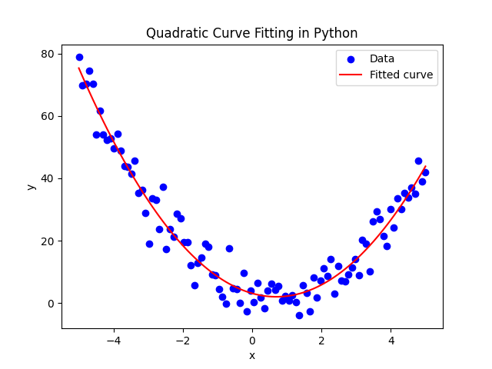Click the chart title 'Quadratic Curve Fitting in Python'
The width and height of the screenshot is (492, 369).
(251, 33)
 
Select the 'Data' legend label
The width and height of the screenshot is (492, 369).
(382, 58)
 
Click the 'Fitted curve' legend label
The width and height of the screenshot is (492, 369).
(401, 75)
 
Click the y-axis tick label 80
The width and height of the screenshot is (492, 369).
(48, 54)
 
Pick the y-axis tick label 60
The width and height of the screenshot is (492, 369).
(48, 116)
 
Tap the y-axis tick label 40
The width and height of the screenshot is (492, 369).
(48, 178)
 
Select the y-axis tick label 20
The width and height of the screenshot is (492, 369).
(48, 241)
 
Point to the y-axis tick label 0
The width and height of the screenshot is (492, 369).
(51, 303)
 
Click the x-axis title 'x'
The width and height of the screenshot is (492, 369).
(252, 355)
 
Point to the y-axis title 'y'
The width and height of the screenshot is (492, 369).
(32, 185)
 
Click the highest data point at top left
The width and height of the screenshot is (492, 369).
(79, 57)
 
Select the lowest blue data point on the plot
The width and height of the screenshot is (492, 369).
(299, 315)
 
